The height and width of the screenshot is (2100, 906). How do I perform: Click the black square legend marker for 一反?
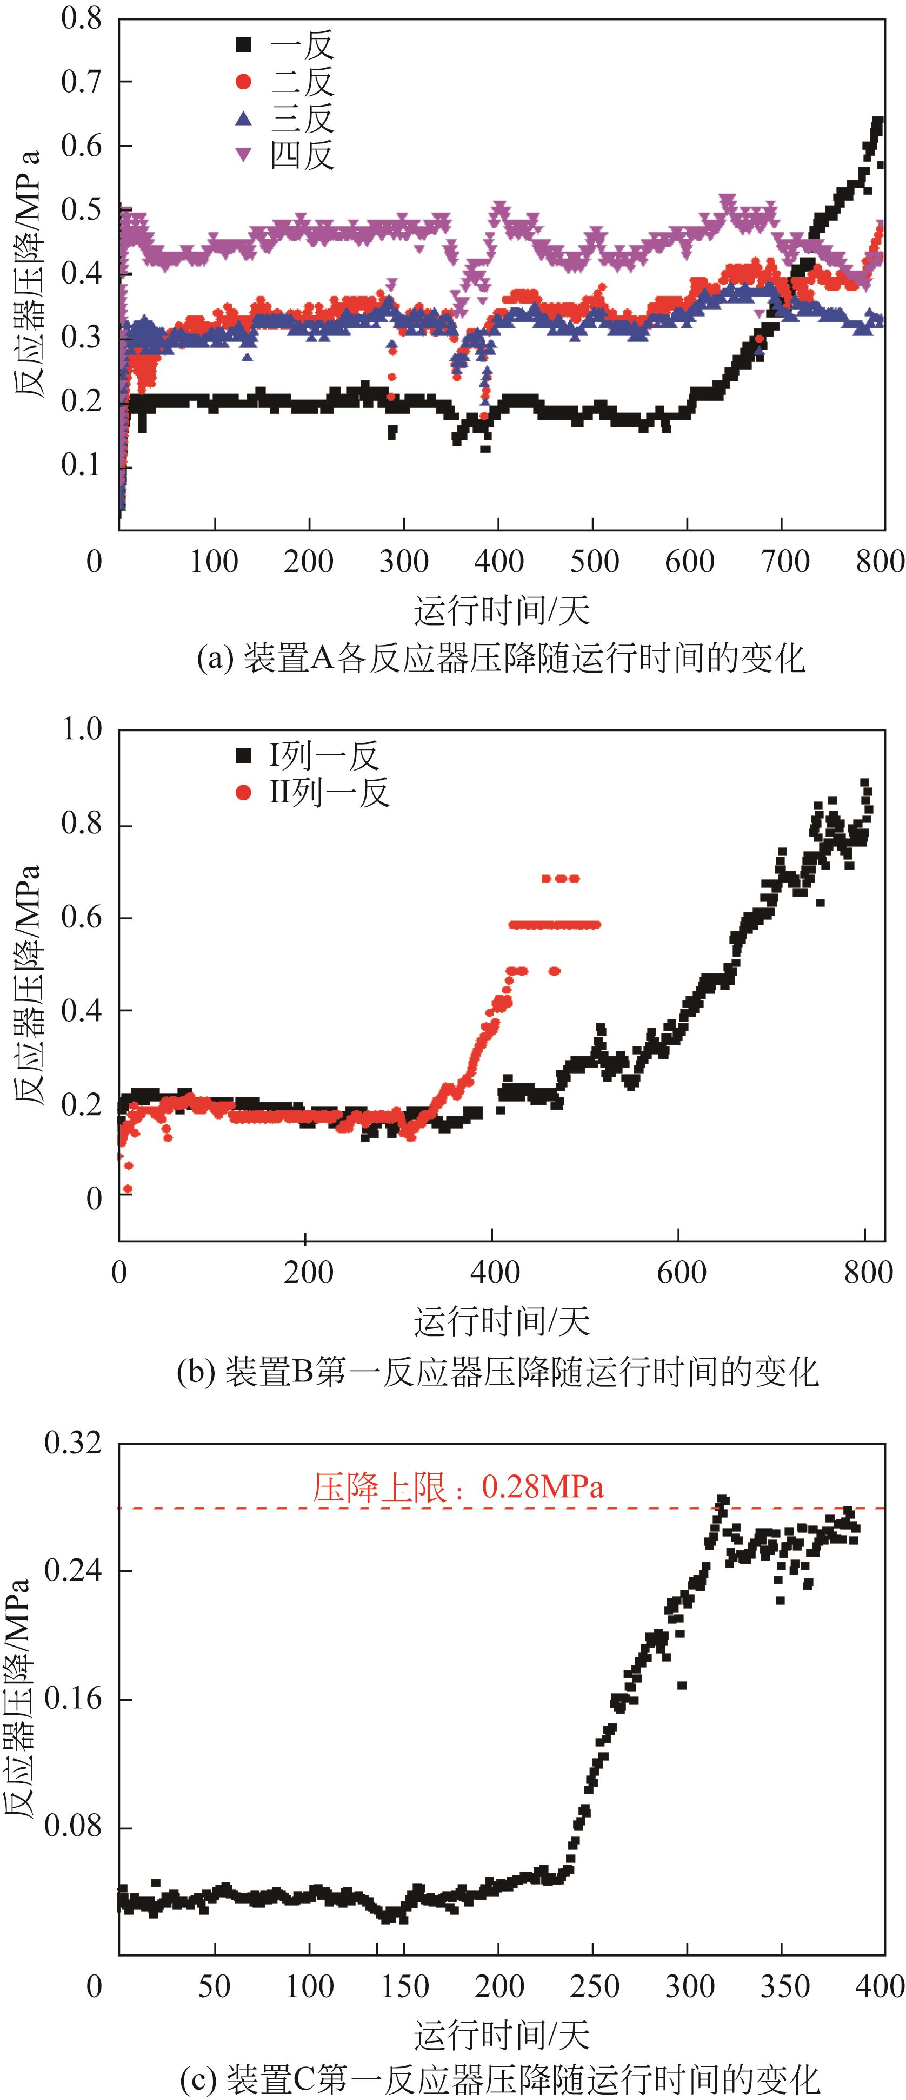[243, 44]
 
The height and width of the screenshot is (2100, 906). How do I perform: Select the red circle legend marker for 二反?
[243, 82]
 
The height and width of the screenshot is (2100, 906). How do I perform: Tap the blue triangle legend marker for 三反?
[243, 119]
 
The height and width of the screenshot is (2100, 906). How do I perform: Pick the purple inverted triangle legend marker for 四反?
[243, 155]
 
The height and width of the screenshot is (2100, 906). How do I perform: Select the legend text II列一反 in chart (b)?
[329, 792]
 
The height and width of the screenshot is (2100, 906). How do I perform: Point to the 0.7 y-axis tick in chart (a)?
[82, 82]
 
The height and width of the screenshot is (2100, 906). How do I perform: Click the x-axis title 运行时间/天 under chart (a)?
[501, 610]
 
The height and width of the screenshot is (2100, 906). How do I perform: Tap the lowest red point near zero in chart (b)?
[127, 1189]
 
